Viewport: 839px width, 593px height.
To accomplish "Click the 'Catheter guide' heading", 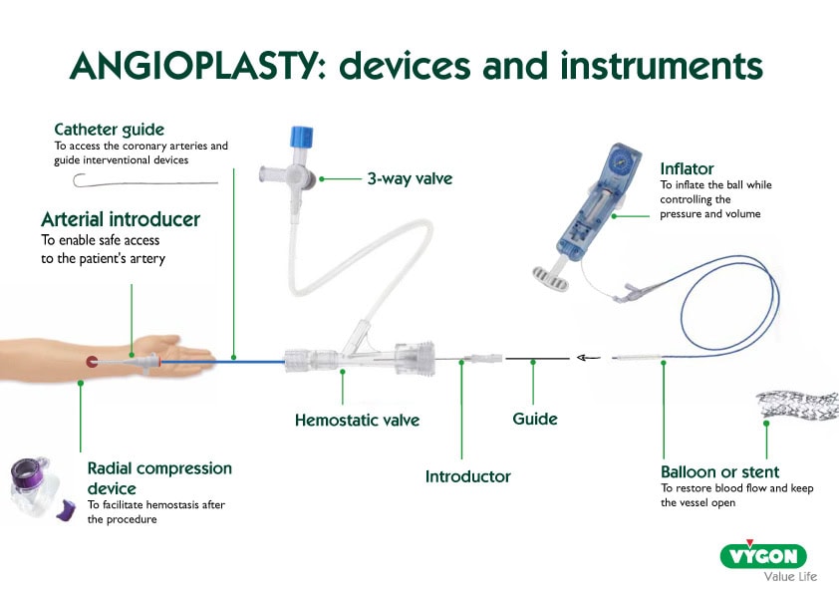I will (109, 129).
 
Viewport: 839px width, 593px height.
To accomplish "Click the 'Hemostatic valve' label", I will (357, 420).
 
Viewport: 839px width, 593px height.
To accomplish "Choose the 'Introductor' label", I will (467, 476).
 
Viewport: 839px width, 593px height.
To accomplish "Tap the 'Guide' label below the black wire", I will (535, 420).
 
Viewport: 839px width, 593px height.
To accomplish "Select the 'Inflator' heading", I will (687, 168).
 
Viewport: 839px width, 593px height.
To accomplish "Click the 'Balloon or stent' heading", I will (719, 471).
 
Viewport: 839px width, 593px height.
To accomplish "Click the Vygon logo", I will (764, 554).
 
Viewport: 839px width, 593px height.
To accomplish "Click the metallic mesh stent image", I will (797, 404).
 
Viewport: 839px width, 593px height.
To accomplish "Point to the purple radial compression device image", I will (36, 487).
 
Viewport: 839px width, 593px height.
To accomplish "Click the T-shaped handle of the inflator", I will (545, 269).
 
